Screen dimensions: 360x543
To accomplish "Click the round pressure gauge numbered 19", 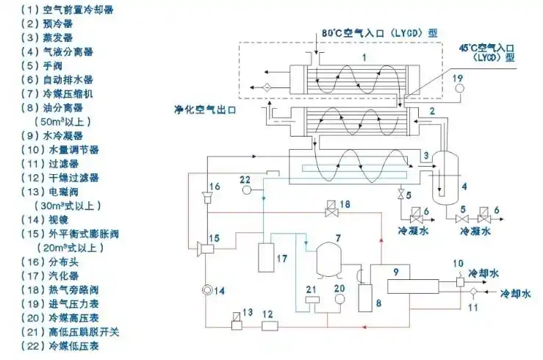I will pos(460,90).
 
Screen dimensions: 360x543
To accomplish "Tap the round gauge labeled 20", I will pos(339,300).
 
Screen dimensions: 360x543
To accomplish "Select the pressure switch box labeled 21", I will pos(312,300).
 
